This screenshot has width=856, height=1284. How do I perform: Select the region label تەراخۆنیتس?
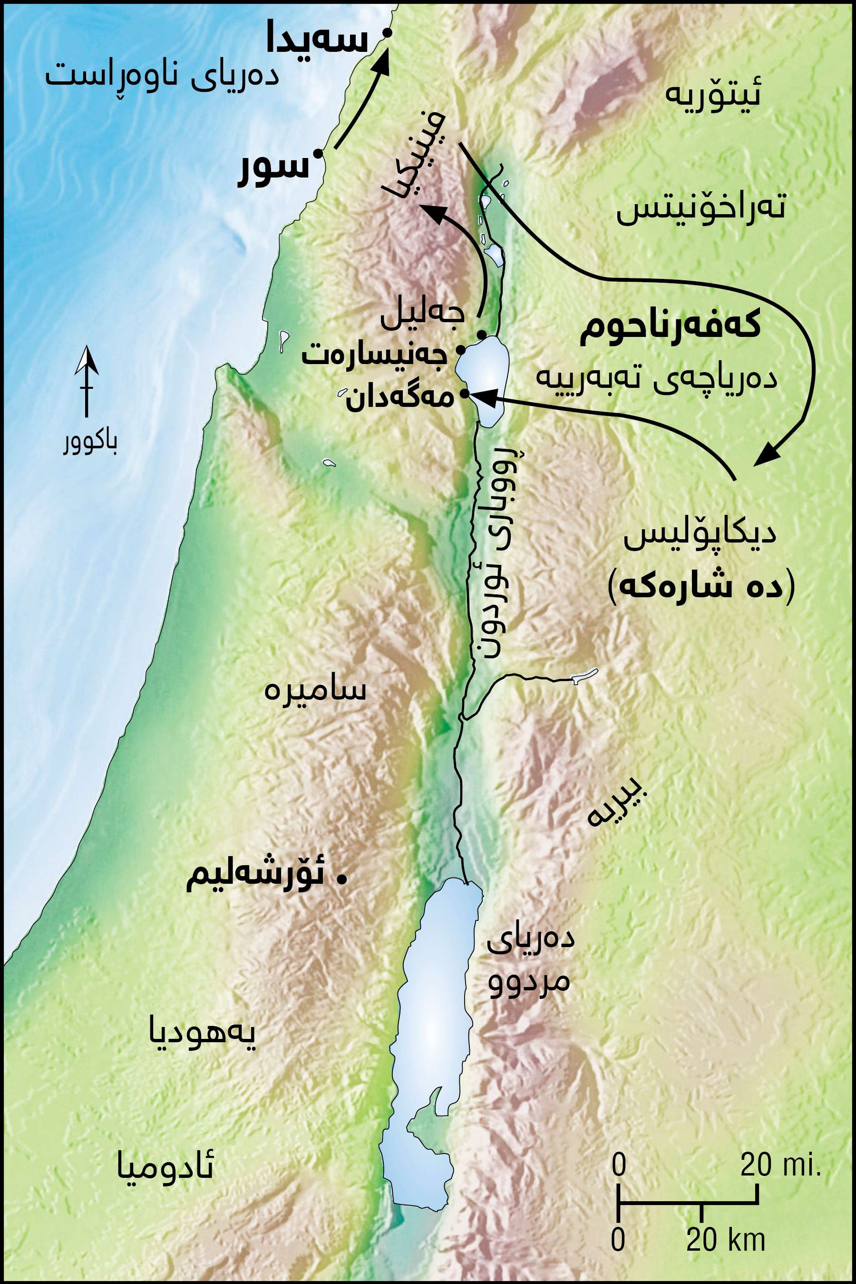click(x=700, y=208)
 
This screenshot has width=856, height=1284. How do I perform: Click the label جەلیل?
click(x=423, y=316)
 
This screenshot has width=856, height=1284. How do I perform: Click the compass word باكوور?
click(x=89, y=444)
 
